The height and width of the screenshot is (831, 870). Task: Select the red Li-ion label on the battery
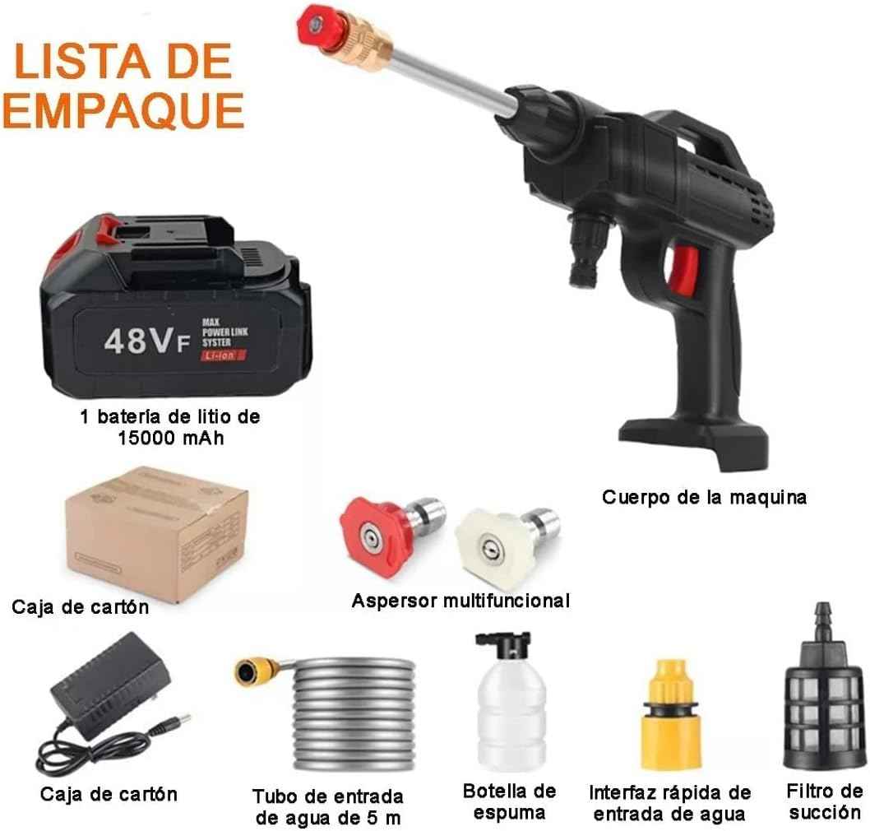(x=223, y=355)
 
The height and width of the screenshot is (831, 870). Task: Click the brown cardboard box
(x=156, y=534)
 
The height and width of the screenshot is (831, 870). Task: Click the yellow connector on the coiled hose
(x=257, y=670)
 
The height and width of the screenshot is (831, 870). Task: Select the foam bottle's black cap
(x=504, y=645)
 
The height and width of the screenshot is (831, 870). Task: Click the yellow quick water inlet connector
(x=671, y=714)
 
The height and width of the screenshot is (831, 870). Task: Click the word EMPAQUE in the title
(x=123, y=110)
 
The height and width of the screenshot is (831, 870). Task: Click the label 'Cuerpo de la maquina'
(x=704, y=496)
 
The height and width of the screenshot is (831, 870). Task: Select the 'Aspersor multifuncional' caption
(x=460, y=600)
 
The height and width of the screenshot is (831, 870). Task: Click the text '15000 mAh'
(x=171, y=438)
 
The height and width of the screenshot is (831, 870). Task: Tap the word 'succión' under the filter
(x=825, y=813)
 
